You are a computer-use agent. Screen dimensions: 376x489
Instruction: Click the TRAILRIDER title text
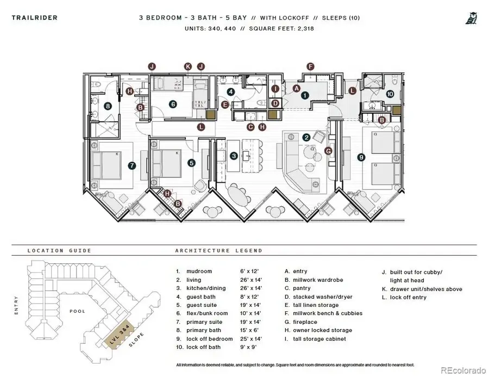34,18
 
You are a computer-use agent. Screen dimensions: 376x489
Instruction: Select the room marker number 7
131,165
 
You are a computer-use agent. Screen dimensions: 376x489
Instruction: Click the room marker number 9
361,157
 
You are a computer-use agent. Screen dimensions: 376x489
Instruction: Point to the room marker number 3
234,156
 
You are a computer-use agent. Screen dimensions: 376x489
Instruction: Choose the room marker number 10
390,94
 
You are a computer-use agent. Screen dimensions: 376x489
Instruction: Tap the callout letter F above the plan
311,66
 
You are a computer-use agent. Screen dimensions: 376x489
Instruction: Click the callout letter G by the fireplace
328,150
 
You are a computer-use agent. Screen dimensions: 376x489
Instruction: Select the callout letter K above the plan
187,66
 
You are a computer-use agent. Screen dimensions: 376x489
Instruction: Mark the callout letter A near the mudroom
297,88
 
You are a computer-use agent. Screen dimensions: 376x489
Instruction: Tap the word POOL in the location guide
77,311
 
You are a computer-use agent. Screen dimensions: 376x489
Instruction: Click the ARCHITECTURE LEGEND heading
218,251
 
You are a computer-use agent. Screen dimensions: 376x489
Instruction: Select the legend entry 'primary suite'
204,322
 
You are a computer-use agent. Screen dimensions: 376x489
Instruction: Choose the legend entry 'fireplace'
305,322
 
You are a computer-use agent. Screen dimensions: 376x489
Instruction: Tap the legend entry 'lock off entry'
408,298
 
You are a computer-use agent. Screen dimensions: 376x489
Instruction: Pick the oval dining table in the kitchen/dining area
239,195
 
